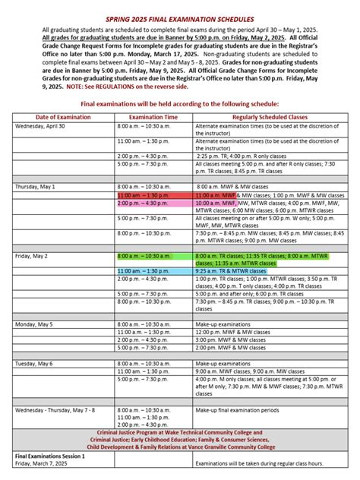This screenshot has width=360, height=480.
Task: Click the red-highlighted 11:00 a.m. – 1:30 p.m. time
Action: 144,195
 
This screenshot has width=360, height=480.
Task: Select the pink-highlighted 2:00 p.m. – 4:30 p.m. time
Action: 144,204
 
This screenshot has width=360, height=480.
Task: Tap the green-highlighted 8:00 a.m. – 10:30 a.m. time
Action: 145,257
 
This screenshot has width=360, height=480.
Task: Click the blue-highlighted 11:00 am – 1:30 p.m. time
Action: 144,270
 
